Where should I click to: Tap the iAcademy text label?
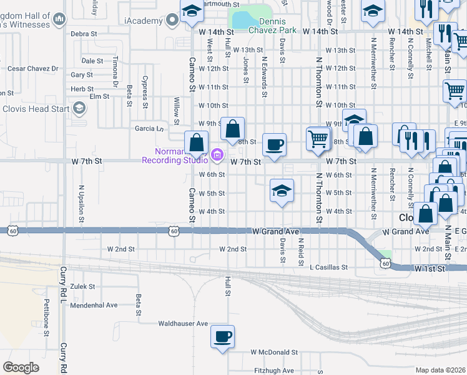[145, 21]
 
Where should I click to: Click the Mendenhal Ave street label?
[94, 306]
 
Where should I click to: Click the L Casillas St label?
[328, 267]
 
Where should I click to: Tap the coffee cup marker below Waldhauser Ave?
[222, 337]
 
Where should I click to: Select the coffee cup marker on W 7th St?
[274, 145]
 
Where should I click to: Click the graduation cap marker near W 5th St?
[282, 191]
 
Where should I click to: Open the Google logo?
[21, 367]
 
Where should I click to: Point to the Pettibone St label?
[46, 317]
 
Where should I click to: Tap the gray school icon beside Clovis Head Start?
[79, 109]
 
